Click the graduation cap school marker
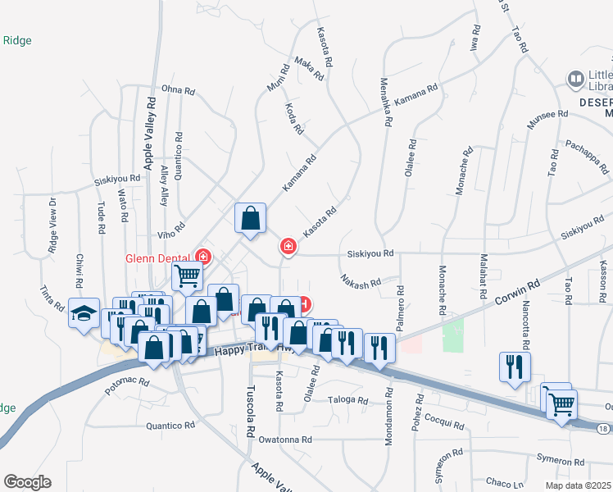click(x=84, y=314)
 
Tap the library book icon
click(x=576, y=80)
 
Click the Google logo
click(x=27, y=482)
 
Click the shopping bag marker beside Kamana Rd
click(x=251, y=218)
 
